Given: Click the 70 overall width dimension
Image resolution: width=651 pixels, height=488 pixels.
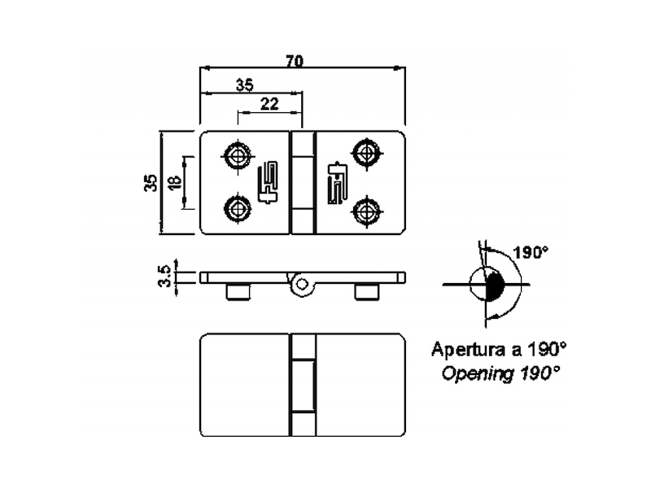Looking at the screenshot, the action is [295, 61].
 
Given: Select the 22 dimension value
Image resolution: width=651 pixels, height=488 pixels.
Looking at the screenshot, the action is [269, 104].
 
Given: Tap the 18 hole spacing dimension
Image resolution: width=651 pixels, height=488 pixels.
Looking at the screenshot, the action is [175, 182].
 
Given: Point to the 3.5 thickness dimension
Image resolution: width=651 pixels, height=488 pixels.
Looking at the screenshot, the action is [164, 276].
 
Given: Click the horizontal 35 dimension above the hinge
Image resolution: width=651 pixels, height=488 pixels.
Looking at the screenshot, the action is [245, 85].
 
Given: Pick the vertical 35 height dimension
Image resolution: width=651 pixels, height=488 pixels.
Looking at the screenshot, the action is [151, 182].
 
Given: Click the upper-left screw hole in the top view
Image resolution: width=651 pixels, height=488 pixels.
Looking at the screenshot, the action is [238, 155].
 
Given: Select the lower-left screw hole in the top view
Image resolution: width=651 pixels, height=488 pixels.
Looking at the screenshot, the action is [238, 209].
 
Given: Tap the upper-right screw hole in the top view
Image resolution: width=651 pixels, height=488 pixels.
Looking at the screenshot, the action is [367, 154].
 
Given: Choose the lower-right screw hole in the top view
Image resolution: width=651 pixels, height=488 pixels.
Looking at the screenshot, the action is [367, 211].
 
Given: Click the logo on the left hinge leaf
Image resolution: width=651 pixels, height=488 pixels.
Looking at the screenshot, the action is [268, 182].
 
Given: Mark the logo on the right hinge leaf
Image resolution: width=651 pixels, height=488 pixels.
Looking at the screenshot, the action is [338, 182].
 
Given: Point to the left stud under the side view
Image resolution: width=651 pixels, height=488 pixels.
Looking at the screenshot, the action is [238, 291].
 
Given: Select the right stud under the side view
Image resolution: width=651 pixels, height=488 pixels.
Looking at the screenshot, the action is [367, 291].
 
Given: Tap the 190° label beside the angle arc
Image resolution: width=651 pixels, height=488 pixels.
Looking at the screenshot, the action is [531, 252].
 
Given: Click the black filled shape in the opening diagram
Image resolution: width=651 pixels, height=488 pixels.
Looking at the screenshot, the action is [495, 285].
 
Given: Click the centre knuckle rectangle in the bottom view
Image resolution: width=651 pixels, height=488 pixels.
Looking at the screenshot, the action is [302, 385].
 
